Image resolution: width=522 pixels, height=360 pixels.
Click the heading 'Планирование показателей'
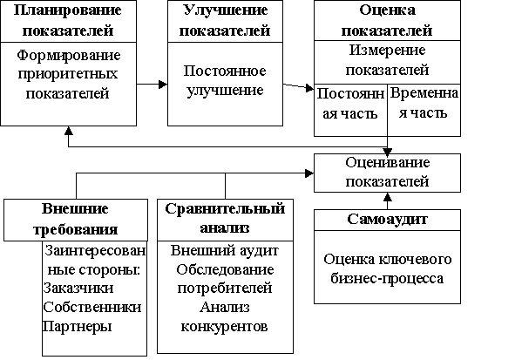click(68, 20)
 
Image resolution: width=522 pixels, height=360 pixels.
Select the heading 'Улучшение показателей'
click(225, 20)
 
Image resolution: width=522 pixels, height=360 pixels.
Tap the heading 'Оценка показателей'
click(387, 20)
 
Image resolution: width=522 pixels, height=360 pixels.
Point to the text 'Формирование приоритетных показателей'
click(68, 74)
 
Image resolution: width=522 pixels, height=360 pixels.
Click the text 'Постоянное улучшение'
click(225, 80)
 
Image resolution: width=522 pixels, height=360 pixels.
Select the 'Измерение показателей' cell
click(387, 62)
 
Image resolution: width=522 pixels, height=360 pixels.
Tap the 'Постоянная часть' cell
click(350, 110)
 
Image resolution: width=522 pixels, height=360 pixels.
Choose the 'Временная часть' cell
click(424, 110)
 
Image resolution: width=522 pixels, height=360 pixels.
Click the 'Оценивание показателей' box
click(387, 173)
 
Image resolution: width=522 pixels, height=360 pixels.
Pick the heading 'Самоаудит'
click(387, 219)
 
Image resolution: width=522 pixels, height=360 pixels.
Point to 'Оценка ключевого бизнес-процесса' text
click(387, 268)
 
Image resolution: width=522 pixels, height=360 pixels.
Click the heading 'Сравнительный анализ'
click(225, 219)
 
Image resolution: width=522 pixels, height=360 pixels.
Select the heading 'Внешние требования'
click(76, 219)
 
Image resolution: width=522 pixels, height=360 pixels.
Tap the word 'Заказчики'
click(78, 288)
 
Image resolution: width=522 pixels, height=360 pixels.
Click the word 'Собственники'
click(92, 307)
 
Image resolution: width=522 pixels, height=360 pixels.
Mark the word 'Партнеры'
click(77, 326)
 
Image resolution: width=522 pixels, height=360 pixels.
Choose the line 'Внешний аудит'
click(225, 250)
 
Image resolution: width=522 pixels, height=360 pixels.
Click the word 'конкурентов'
click(224, 326)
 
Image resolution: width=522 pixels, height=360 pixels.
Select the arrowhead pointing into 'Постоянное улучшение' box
click(163, 85)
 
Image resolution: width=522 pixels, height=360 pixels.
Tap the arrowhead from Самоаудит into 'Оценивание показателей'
click(387, 196)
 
